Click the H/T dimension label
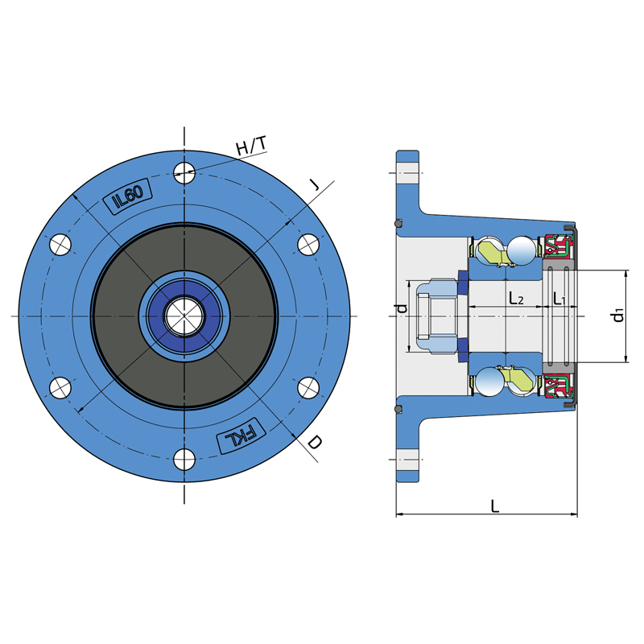point(251,147)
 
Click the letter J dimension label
point(314,185)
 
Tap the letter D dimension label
point(316,443)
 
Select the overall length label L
point(495,506)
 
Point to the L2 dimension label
point(516,298)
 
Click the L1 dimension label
point(559,298)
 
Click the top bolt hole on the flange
point(184,173)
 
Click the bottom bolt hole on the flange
point(184,459)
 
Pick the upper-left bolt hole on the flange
point(60,245)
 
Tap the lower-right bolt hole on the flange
point(308,388)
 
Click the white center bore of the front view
point(184,316)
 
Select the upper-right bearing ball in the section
point(522,250)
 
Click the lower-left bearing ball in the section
point(490,382)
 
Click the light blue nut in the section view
point(436,316)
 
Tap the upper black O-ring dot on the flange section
point(398,224)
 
